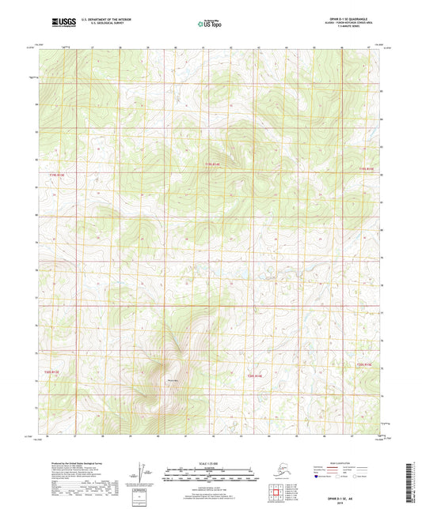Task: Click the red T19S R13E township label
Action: click(55, 175)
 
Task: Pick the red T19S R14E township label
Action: click(207, 164)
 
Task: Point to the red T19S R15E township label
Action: click(364, 168)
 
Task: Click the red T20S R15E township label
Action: click(363, 364)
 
